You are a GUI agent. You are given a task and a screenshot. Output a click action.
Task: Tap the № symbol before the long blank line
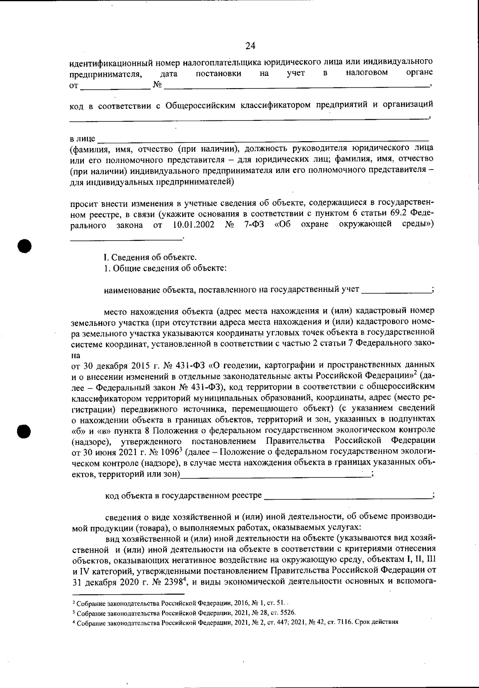[157, 84]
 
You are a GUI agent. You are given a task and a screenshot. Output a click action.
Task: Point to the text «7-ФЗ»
[253, 225]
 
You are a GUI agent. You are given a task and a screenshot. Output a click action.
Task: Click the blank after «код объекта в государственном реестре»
[347, 496]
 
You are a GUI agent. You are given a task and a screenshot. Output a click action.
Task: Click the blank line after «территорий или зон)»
[275, 474]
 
